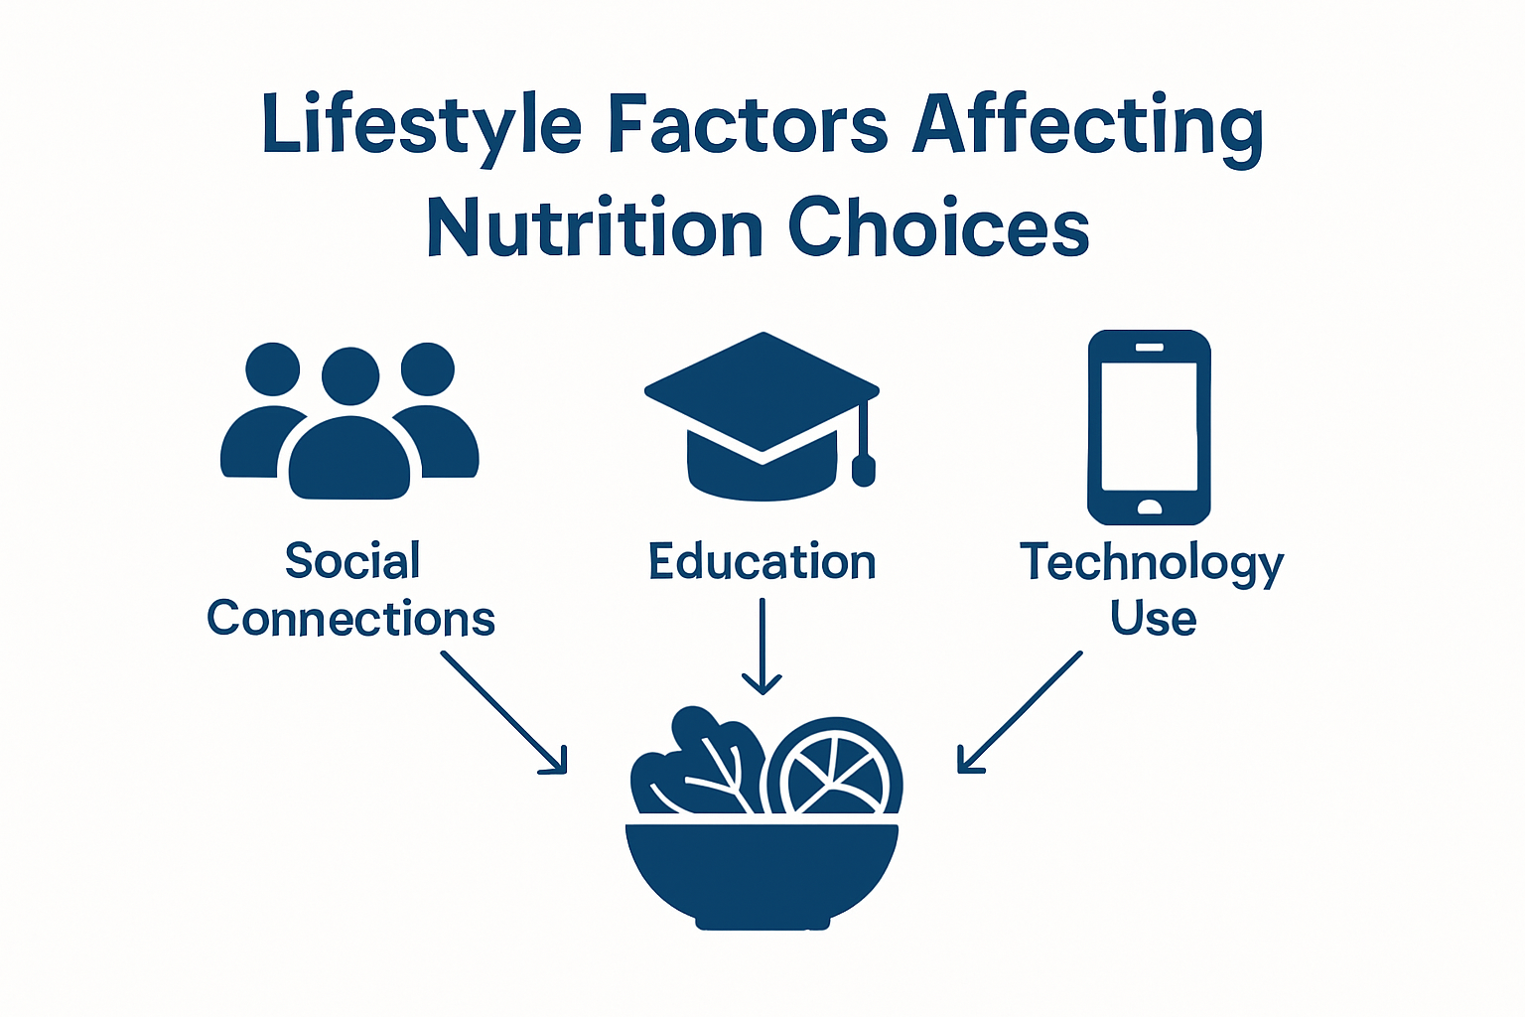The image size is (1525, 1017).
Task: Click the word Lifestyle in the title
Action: (x=421, y=126)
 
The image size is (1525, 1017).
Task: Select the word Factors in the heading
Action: (x=747, y=126)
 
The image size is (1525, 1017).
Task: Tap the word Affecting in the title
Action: (x=1087, y=126)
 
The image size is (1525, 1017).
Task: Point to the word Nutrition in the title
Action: (x=595, y=228)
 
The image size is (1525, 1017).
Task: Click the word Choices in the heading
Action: (x=938, y=228)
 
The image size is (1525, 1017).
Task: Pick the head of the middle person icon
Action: (x=350, y=375)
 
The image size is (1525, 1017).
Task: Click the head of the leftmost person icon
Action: (x=273, y=369)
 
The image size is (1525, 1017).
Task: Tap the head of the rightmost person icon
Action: (x=428, y=369)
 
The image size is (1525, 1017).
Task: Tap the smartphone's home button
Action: (x=1149, y=508)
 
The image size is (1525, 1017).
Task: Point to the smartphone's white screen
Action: (x=1149, y=425)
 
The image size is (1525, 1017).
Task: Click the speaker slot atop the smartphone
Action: (x=1149, y=347)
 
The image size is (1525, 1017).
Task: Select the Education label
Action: (x=762, y=562)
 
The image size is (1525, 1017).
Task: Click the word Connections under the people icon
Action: (x=350, y=619)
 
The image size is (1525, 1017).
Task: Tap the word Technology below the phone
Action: (x=1152, y=563)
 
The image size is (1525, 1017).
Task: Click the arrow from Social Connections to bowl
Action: (x=504, y=712)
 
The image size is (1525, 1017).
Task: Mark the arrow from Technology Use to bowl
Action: (x=1020, y=712)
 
